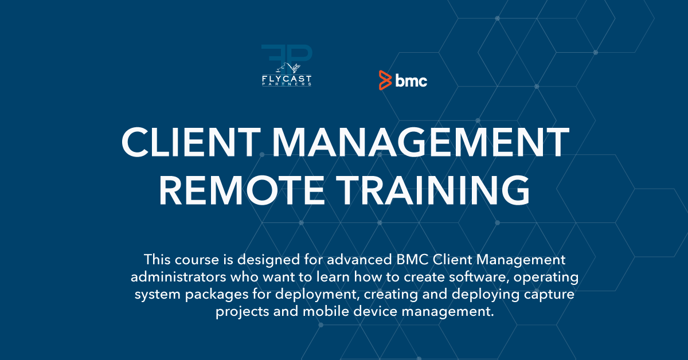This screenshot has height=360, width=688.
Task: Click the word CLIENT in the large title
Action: pyautogui.click(x=191, y=143)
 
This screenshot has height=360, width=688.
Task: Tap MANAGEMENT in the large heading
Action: pyautogui.click(x=421, y=143)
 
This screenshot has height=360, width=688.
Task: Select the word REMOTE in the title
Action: pyautogui.click(x=241, y=190)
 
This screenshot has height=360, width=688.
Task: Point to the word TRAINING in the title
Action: pyautogui.click(x=433, y=190)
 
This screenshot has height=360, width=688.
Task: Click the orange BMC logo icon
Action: pyautogui.click(x=385, y=80)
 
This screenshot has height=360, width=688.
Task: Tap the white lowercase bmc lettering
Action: pyautogui.click(x=411, y=80)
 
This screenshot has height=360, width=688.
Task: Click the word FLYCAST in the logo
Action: pyautogui.click(x=287, y=79)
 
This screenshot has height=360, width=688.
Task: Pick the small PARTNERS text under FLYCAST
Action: pyautogui.click(x=287, y=84)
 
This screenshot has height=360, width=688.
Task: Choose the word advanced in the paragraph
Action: pyautogui.click(x=359, y=260)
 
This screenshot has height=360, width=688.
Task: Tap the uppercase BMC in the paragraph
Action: pyautogui.click(x=412, y=260)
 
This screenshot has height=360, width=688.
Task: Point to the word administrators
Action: pyautogui.click(x=178, y=277)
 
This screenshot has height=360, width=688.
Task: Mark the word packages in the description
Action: pyautogui.click(x=217, y=295)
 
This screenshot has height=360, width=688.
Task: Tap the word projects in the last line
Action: pyautogui.click(x=242, y=312)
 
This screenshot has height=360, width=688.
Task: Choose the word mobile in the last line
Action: pyautogui.click(x=326, y=311)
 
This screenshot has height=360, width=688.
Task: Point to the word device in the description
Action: pyautogui.click(x=376, y=311)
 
